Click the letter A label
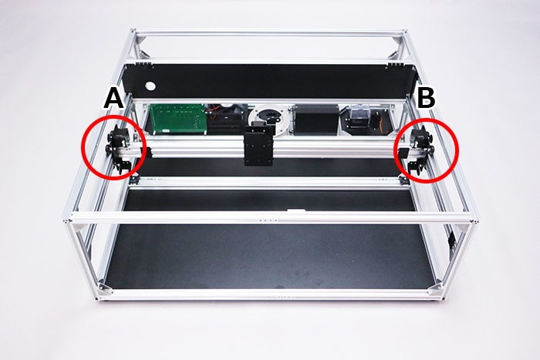[113, 98]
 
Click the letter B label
[426, 97]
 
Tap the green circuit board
[177, 119]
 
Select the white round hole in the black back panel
[150, 86]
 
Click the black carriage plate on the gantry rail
[258, 145]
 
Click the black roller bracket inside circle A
[120, 149]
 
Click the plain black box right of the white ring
[317, 119]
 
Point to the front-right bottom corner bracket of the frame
[435, 288]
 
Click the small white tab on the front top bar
[295, 210]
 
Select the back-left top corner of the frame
[133, 33]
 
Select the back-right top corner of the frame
[404, 33]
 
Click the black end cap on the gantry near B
[402, 153]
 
